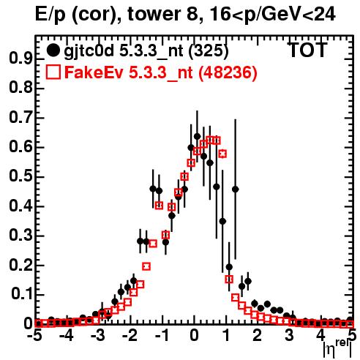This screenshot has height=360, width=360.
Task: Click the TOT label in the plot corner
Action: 308,50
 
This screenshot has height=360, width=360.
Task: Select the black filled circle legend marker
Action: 53,50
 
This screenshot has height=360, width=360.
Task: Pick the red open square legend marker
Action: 53,72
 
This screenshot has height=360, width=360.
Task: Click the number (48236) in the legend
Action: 228,72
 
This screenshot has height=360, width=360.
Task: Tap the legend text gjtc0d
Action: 89,51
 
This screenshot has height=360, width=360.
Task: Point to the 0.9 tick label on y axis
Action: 20,59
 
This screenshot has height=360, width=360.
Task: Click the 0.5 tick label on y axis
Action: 20,176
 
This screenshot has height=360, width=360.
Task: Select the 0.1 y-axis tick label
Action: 22,294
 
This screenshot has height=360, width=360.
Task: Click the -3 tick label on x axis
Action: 98,335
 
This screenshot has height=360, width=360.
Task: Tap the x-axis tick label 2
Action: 258,335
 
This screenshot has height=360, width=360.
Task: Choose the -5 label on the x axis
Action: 35,335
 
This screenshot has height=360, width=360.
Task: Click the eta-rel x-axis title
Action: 337,348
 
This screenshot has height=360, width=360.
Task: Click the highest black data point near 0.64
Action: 198,136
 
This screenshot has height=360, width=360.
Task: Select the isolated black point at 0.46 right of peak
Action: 236,189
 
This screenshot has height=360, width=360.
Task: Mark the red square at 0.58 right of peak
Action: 222,154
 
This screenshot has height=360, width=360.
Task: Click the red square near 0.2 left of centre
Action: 146,266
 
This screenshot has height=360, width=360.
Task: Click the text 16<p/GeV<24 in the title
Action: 272,14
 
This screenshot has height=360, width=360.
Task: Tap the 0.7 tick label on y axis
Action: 20,118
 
